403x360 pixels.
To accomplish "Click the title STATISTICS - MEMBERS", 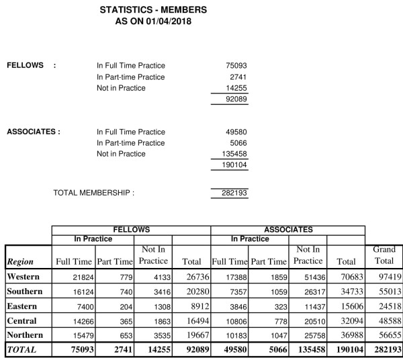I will point(152,10).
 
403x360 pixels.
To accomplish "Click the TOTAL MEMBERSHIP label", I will point(93,193).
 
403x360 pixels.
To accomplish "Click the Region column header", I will point(19,262).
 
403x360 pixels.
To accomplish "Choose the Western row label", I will point(24,277).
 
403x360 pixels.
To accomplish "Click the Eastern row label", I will point(23,306).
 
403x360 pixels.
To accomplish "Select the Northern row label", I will point(26,334).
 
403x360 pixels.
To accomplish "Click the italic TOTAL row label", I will point(21,349).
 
